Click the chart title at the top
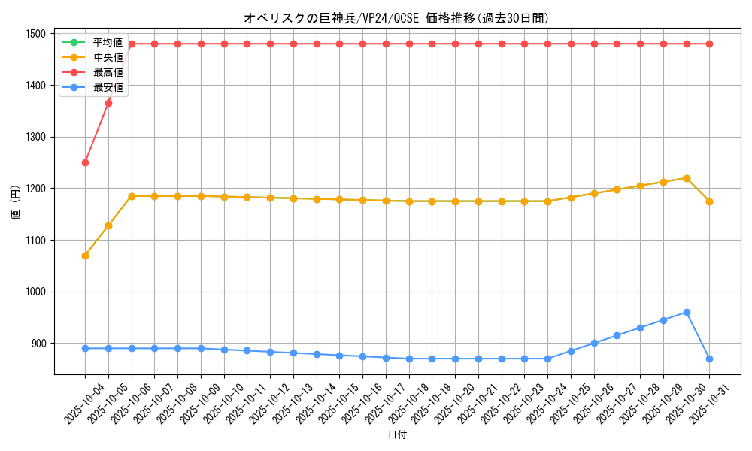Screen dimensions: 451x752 pyautogui.click(x=396, y=18)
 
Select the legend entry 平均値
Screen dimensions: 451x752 pyautogui.click(x=108, y=42)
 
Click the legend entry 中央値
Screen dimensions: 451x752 pyautogui.click(x=108, y=57)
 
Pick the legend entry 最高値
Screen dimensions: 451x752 pyautogui.click(x=108, y=72)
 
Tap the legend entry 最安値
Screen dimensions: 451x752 pyautogui.click(x=108, y=87)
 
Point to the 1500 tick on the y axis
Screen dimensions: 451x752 pyautogui.click(x=35, y=34)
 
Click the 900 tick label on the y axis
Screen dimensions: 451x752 pyautogui.click(x=38, y=344)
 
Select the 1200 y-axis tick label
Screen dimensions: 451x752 pyautogui.click(x=35, y=189)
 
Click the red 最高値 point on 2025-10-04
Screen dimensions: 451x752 pyautogui.click(x=85, y=162)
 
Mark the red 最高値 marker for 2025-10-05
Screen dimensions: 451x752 pyautogui.click(x=108, y=103)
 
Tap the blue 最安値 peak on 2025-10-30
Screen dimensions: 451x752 pyautogui.click(x=687, y=312)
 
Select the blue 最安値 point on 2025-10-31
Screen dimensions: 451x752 pyautogui.click(x=709, y=359)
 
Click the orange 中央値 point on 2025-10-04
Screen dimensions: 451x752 pyautogui.click(x=85, y=256)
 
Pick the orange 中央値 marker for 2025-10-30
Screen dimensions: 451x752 pyautogui.click(x=687, y=178)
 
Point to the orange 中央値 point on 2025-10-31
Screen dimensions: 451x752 pyautogui.click(x=709, y=201)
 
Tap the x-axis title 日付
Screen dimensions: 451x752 pyautogui.click(x=397, y=435)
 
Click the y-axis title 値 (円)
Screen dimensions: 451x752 pyautogui.click(x=16, y=203)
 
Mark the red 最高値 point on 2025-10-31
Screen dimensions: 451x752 pyautogui.click(x=709, y=44)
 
